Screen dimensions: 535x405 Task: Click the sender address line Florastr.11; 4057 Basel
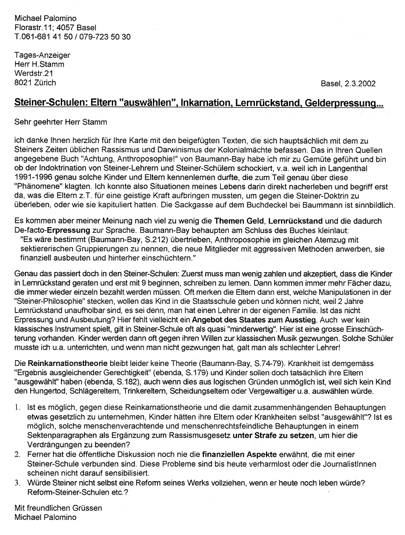(56, 27)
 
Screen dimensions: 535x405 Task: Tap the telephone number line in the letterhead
(72, 36)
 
